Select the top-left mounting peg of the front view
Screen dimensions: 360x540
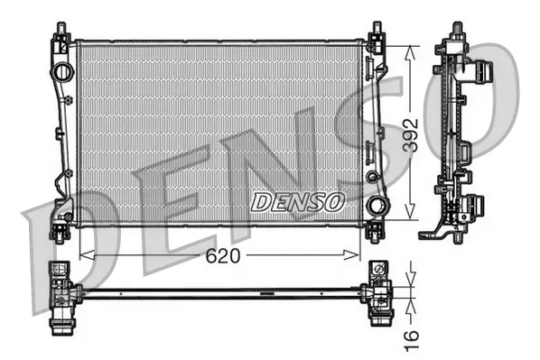click(61, 34)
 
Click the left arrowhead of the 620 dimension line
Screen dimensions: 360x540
click(86, 255)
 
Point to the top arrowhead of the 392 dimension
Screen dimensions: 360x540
click(412, 48)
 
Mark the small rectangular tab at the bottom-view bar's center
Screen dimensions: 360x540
click(265, 294)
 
